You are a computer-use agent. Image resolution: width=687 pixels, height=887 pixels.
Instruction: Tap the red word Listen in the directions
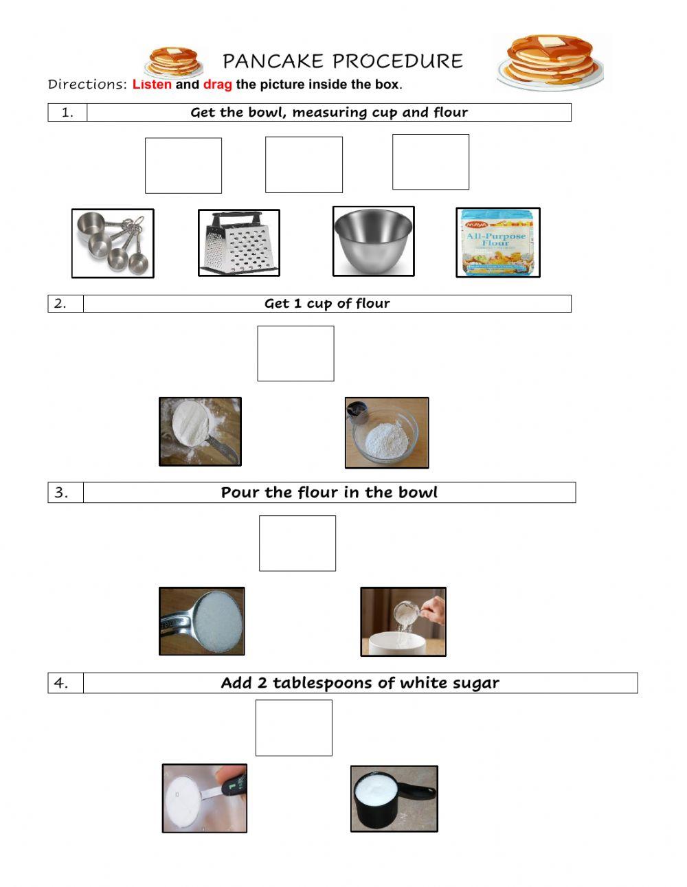click(x=152, y=85)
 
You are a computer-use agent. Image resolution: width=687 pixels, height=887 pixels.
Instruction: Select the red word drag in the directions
click(x=217, y=85)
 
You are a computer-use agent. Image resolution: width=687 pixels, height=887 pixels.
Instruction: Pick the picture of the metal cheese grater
click(x=239, y=243)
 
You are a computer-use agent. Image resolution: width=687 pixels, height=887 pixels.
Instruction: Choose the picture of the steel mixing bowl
click(x=373, y=242)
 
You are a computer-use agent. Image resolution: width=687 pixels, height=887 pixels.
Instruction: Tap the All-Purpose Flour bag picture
click(x=497, y=243)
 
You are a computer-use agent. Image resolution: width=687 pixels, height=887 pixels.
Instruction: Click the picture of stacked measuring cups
click(x=113, y=243)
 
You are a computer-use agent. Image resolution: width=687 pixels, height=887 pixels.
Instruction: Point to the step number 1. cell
click(x=67, y=113)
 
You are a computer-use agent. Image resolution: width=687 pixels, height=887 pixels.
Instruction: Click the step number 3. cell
click(x=65, y=493)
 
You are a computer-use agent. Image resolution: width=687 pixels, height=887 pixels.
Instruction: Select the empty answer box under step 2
click(x=295, y=353)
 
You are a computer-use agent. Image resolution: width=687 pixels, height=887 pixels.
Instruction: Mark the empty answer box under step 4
click(x=294, y=728)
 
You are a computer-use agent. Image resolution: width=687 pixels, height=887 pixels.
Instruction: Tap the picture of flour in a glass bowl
click(x=387, y=433)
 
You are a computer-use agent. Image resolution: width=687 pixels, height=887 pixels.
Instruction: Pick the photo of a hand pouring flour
click(x=403, y=621)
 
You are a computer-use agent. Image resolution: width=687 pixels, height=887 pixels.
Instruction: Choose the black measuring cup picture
click(x=394, y=799)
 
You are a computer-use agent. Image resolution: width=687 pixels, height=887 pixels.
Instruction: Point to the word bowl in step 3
click(x=418, y=493)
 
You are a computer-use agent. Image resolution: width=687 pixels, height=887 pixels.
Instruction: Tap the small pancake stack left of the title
click(x=173, y=62)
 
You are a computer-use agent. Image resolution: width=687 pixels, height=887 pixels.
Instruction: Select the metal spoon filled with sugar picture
click(x=202, y=621)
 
